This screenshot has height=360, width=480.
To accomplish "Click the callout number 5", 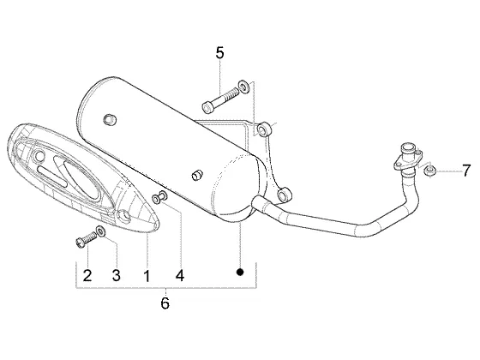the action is coord(219,53).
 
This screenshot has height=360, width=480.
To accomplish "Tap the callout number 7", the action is coord(465,171).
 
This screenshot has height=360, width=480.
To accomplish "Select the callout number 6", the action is coord(165,303).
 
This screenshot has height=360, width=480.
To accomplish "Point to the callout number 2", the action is coord(87,275).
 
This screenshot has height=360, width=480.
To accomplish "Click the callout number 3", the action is coord(117,275).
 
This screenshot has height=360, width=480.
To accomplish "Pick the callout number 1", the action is coord(147,275).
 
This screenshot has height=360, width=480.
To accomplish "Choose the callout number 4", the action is coord(180,275).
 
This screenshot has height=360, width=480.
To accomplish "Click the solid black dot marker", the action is coord(240,272).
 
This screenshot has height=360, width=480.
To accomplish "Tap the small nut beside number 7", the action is coord(429,171).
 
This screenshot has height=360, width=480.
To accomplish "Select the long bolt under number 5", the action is coord(221,99).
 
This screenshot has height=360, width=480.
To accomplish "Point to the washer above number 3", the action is coord(101,231).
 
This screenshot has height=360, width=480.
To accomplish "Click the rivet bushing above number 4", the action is coord(159,197).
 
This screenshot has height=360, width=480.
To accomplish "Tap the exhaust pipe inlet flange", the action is coord(408,159).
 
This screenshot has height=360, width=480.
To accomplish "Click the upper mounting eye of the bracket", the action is coord(264,130).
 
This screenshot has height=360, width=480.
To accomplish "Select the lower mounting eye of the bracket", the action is coord(284,194).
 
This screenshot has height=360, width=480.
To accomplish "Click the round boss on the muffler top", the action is coord(111,119).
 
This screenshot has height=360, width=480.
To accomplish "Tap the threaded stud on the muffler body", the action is coord(196,175).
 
